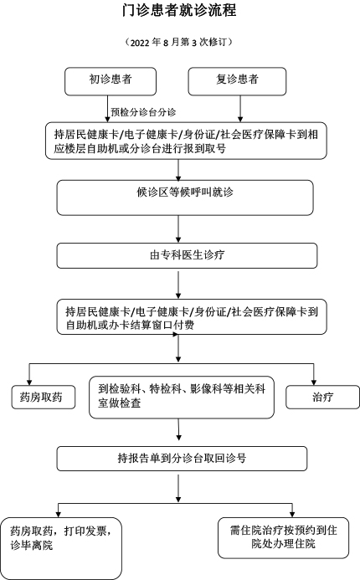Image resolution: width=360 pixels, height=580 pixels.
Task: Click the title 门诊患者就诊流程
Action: (x=179, y=10)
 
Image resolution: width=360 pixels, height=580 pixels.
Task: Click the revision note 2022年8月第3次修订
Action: (x=179, y=42)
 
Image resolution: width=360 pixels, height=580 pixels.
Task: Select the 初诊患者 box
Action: (x=111, y=81)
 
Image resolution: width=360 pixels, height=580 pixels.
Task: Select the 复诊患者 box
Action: (x=237, y=81)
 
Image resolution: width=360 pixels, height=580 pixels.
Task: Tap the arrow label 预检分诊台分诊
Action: (x=143, y=112)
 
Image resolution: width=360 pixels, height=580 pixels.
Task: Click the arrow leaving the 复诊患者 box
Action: (x=240, y=109)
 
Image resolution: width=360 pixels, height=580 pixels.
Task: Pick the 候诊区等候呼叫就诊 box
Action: (x=185, y=198)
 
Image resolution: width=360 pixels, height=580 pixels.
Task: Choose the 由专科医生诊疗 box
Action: (x=187, y=255)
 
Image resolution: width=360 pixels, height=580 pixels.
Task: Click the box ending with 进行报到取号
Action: (x=186, y=141)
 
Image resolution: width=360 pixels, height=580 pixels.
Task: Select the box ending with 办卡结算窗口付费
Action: (x=192, y=317)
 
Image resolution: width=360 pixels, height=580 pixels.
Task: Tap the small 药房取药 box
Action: (x=44, y=398)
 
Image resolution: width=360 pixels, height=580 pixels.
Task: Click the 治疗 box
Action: (x=322, y=398)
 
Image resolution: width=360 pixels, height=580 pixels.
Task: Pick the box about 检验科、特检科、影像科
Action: (x=182, y=398)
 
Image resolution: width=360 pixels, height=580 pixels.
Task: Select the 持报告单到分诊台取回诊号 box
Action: (x=182, y=459)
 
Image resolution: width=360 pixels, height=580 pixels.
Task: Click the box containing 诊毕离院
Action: (x=60, y=548)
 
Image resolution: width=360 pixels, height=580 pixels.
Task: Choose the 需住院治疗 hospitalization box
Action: (x=284, y=538)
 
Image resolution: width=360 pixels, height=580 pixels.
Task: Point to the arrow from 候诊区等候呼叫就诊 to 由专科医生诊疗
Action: (x=178, y=229)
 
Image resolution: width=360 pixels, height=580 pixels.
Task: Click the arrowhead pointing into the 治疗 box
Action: (x=314, y=382)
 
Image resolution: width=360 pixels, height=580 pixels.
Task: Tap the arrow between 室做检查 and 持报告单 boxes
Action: (x=178, y=429)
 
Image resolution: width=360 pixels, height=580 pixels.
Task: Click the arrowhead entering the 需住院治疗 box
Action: (x=292, y=515)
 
